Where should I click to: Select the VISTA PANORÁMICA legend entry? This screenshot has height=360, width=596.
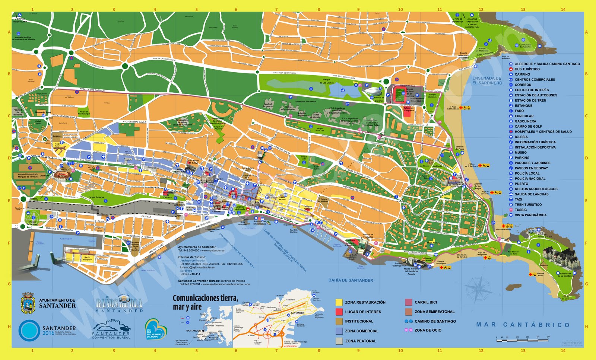tap(530, 215)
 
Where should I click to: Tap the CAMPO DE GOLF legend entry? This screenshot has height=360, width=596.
tap(528, 127)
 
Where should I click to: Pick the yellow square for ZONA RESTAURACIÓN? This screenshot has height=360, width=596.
tap(339, 302)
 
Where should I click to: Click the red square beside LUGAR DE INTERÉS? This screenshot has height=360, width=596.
tap(339, 312)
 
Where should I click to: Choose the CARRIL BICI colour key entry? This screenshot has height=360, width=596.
tap(409, 302)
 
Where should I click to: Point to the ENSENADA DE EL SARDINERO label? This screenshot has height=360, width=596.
tap(487, 80)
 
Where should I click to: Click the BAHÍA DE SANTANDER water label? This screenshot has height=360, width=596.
tap(351, 280)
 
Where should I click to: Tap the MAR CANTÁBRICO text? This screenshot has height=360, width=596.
tap(523, 325)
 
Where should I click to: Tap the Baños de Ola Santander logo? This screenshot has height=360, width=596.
tap(119, 304)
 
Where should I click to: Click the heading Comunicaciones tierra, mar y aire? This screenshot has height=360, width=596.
tap(205, 302)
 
